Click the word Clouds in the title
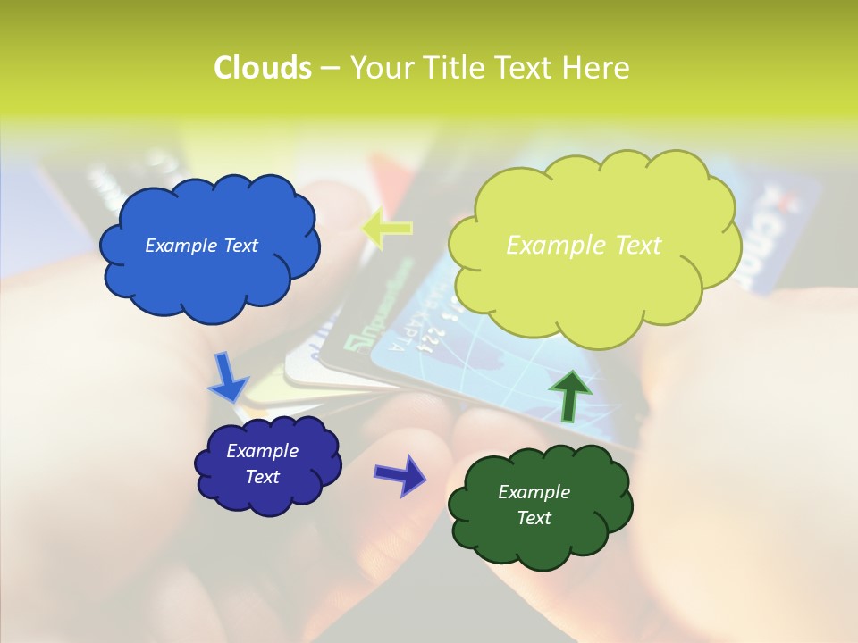coord(262,68)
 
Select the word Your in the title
coord(378,68)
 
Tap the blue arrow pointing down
coord(227,378)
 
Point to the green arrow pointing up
coord(568,394)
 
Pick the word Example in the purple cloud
coord(262,451)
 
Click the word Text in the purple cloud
coord(262,477)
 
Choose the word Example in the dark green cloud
coord(534,492)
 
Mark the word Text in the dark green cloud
coord(534,518)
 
